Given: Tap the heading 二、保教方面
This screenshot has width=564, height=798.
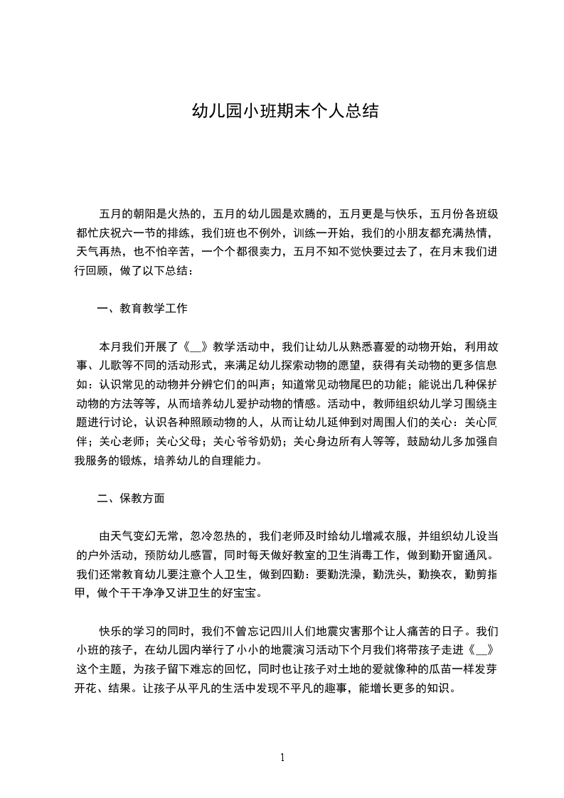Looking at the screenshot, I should tap(131, 498).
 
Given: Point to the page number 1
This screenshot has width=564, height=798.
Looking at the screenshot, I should tap(282, 757).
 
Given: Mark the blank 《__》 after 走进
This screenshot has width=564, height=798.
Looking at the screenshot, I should tap(479, 650).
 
